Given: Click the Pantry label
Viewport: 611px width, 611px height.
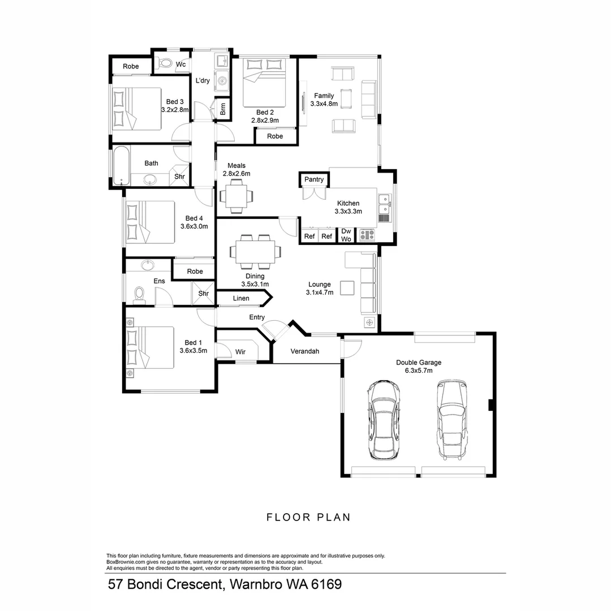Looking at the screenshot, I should click(314, 179).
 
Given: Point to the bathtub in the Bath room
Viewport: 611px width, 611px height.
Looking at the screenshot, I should click(121, 166).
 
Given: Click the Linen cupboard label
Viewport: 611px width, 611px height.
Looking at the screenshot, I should click(241, 298).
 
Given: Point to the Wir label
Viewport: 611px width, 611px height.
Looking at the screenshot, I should click(240, 352).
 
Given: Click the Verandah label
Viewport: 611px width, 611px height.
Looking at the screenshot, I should click(305, 351).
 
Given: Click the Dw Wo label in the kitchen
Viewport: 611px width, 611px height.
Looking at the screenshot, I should click(346, 235).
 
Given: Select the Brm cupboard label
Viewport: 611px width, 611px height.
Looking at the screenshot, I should click(223, 109).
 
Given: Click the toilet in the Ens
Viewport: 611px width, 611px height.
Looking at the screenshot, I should click(138, 294).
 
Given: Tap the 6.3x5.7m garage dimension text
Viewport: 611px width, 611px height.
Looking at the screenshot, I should click(419, 371).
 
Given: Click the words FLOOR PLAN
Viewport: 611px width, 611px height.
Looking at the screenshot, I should click(308, 517).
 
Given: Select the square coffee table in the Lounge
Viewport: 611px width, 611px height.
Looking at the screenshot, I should click(347, 288).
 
